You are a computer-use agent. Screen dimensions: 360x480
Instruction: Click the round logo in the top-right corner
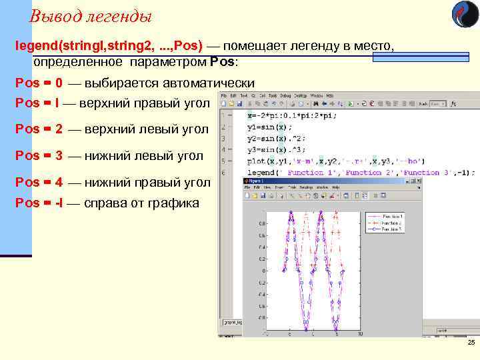[465, 14]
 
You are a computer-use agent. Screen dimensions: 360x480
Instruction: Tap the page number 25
[471, 342]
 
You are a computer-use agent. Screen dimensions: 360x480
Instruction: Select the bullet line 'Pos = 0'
[39, 83]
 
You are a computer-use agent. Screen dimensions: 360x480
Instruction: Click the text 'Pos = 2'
[39, 129]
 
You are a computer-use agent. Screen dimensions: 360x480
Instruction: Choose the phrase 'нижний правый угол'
[147, 182]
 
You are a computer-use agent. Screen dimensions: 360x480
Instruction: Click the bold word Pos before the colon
[222, 63]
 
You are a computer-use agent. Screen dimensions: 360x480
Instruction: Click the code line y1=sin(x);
[269, 127]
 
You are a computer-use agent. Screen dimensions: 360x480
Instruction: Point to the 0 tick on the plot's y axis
[265, 271]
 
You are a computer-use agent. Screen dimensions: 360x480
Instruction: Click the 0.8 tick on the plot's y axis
[263, 223]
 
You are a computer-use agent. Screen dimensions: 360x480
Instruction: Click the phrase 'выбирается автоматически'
[169, 83]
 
